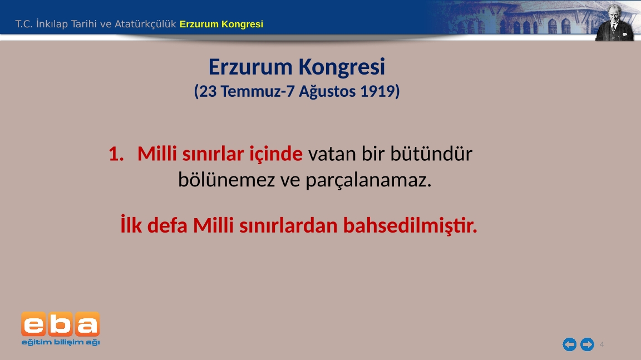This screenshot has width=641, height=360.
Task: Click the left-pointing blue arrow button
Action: pos(569,344)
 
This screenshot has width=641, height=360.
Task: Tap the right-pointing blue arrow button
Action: pos(588,344)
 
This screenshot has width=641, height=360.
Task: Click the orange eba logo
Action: pos(61,324)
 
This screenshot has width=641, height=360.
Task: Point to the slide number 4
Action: pos(601,344)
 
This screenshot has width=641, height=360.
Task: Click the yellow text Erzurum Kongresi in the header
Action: pos(221,24)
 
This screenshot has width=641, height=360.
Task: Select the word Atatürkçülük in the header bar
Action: pos(145,24)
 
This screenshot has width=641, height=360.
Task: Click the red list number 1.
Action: pos(116,154)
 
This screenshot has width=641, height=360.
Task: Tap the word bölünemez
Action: pos(226,179)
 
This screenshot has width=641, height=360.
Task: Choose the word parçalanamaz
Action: pos(368,180)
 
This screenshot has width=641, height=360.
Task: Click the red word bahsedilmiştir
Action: pos(410,225)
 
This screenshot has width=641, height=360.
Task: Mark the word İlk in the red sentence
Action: pos(131,225)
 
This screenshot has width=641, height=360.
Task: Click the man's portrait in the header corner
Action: pos(614,22)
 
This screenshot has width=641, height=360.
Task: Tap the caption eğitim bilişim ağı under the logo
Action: pos(61,342)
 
